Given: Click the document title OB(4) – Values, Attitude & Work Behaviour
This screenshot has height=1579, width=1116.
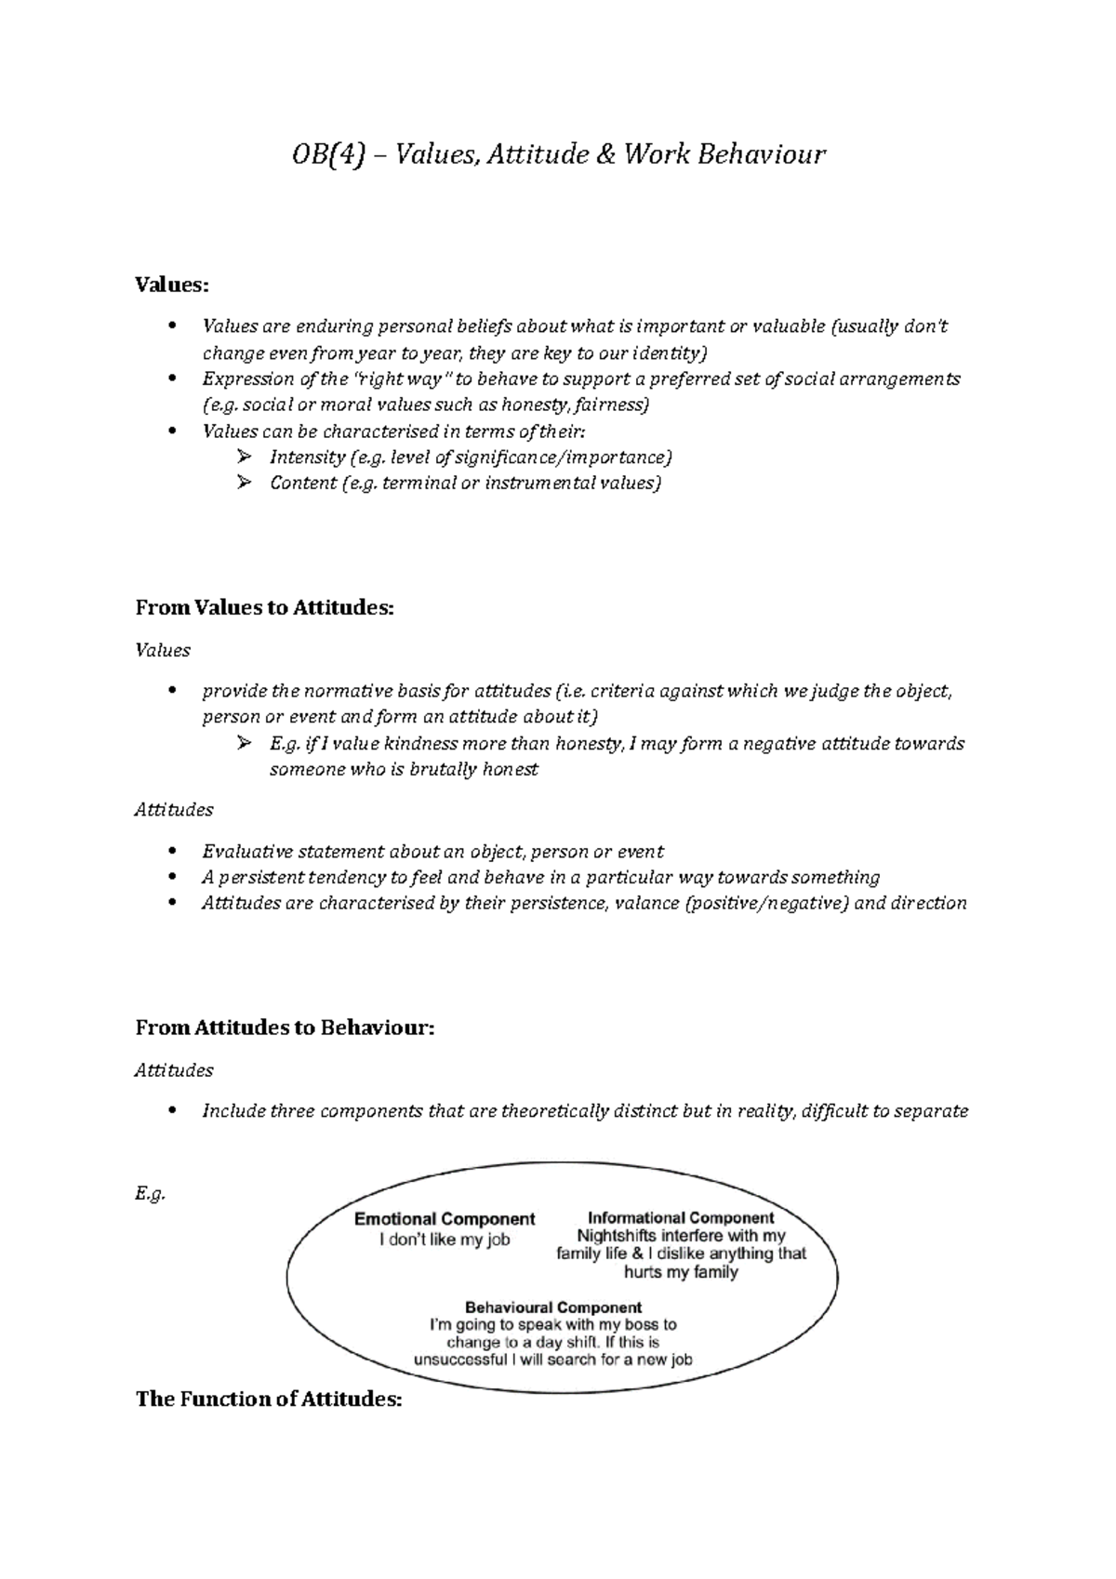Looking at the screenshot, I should (x=558, y=153).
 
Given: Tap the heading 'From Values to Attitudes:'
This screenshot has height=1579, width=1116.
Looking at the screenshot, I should (x=265, y=607).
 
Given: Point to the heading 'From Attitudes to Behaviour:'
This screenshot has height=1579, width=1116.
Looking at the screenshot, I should (x=285, y=1028).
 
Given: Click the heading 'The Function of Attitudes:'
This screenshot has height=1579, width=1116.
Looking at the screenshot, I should (x=269, y=1399).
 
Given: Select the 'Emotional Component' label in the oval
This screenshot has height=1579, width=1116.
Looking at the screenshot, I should (x=445, y=1219).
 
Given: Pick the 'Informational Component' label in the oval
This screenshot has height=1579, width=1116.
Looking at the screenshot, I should (x=681, y=1217).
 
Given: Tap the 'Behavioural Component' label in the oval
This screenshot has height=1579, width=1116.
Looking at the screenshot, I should (x=553, y=1307).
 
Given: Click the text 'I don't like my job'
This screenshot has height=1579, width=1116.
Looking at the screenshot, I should (x=445, y=1240).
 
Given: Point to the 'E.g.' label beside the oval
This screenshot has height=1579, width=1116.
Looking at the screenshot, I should (x=150, y=1195).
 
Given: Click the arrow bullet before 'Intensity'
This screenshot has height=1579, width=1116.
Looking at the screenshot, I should (x=245, y=457).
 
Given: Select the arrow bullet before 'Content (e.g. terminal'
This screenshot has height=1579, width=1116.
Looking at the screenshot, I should (x=245, y=483).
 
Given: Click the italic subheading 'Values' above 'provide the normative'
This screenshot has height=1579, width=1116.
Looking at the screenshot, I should (x=163, y=650).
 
